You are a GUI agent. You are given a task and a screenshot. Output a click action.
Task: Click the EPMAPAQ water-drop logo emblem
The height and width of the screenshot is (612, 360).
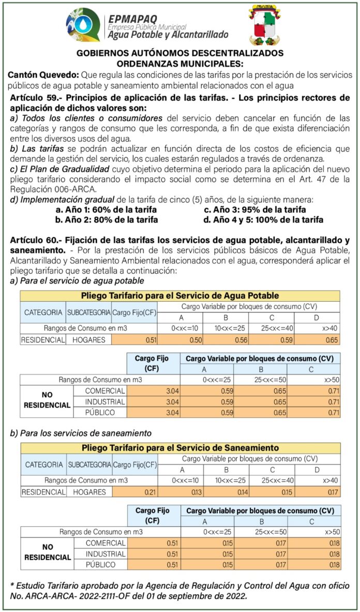tap(83, 24)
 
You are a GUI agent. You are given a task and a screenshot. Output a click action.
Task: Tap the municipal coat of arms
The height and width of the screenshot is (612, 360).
tap(267, 25)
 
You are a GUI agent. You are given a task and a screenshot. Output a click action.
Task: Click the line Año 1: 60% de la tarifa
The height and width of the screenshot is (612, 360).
tap(106, 210)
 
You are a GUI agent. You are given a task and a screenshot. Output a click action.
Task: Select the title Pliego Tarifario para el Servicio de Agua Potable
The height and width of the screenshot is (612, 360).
tap(180, 295)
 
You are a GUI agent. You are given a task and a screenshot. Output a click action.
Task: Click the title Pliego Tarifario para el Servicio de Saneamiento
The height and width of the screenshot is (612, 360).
tap(180, 447)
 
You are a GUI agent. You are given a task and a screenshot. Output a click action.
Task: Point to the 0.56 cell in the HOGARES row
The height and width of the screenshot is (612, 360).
tap(226, 340)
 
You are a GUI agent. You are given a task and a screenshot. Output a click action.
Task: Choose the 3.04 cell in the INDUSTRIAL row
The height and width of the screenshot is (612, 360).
tap(153, 401)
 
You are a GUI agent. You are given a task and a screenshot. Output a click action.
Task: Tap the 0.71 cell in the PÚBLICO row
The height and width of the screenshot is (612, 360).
tap(314, 412)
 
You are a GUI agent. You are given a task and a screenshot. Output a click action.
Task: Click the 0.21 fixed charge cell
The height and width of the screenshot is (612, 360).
tap(136, 492)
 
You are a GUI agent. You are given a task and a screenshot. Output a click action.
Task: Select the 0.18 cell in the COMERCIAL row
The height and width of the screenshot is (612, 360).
tap(314, 543)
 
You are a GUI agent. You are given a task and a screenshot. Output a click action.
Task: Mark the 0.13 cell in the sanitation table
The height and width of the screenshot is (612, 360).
tap(182, 492)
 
